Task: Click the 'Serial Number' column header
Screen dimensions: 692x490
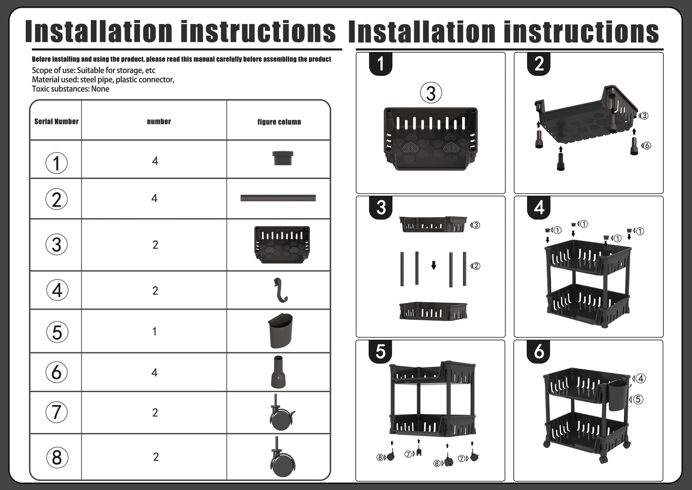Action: pyautogui.click(x=56, y=121)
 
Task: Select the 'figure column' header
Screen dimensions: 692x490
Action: pyautogui.click(x=279, y=122)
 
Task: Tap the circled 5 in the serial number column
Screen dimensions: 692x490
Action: pyautogui.click(x=57, y=332)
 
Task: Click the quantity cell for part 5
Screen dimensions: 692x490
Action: pyautogui.click(x=155, y=332)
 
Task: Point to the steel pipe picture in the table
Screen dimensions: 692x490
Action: pyautogui.click(x=278, y=198)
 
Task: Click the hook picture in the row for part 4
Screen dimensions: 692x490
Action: pyautogui.click(x=281, y=290)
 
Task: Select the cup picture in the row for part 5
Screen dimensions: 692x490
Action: pyautogui.click(x=280, y=331)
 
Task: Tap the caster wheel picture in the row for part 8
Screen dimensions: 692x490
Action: pyautogui.click(x=282, y=456)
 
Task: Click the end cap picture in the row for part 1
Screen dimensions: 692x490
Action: pyautogui.click(x=283, y=158)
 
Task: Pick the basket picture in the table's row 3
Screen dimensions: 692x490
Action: pyautogui.click(x=282, y=245)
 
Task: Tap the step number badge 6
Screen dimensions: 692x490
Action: pyautogui.click(x=539, y=351)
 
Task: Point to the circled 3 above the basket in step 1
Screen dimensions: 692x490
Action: pyautogui.click(x=431, y=93)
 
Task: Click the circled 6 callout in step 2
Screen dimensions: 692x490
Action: pyautogui.click(x=647, y=145)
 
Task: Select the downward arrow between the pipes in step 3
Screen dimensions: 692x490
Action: pyautogui.click(x=434, y=265)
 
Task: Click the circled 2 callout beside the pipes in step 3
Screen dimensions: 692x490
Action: pyautogui.click(x=476, y=266)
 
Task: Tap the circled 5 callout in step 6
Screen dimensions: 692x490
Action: pyautogui.click(x=638, y=399)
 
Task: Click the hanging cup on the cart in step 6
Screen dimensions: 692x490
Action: pyautogui.click(x=618, y=397)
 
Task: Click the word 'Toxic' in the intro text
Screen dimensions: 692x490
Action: pyautogui.click(x=41, y=89)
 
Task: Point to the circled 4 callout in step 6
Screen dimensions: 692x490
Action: pyautogui.click(x=640, y=378)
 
